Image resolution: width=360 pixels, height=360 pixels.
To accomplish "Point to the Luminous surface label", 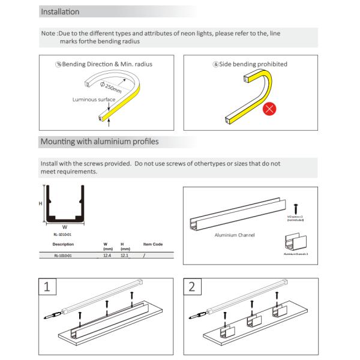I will click(x=94, y=100).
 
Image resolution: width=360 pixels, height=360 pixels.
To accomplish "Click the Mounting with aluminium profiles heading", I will click(x=99, y=142).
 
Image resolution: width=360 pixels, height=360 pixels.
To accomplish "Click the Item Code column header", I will click(x=153, y=244).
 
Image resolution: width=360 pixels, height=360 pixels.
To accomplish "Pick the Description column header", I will click(x=63, y=244).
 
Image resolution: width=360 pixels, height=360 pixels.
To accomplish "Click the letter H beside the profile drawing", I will click(x=41, y=203).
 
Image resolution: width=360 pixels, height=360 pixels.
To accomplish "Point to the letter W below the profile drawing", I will click(x=65, y=227).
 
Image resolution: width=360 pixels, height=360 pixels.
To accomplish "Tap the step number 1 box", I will click(x=48, y=287).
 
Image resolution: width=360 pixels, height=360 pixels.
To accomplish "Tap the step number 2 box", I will click(x=191, y=287).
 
